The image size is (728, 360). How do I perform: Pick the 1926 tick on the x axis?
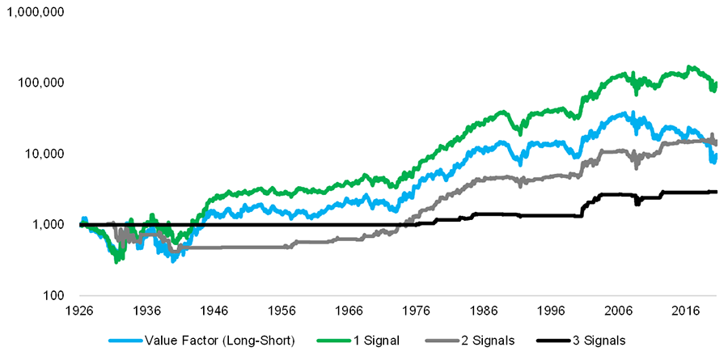[x=78, y=311]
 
